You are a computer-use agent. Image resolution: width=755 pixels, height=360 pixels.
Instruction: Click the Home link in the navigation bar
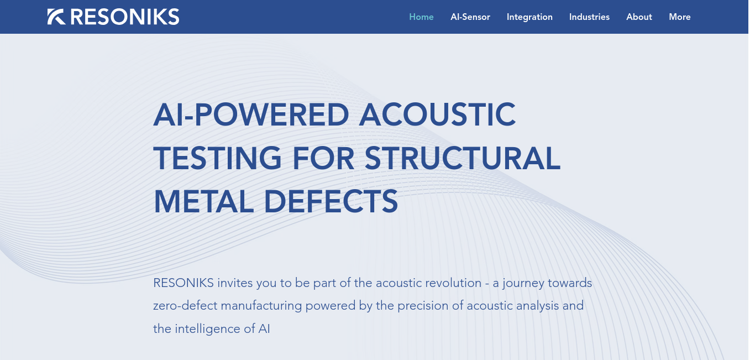point(421,17)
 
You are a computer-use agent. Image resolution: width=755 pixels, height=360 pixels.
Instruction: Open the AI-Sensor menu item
point(470,17)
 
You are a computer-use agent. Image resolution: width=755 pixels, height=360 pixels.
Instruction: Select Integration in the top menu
point(529,17)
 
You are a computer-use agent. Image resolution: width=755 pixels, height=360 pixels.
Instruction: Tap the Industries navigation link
point(589,17)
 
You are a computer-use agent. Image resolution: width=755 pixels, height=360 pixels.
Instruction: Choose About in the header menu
point(639,17)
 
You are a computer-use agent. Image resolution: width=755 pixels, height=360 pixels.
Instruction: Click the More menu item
point(679,17)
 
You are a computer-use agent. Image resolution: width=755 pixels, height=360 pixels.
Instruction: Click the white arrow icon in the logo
point(56,17)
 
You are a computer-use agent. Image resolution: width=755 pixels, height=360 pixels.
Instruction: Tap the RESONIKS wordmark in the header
point(125,17)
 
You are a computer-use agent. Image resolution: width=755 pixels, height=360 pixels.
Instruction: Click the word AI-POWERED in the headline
point(251,114)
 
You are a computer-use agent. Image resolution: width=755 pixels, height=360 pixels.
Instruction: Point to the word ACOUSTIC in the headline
point(437,114)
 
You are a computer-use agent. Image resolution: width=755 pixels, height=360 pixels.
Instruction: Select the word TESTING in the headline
point(217,158)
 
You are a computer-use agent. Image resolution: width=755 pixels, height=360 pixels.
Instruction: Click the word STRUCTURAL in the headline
point(463,158)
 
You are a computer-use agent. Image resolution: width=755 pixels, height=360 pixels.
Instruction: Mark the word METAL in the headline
point(203,202)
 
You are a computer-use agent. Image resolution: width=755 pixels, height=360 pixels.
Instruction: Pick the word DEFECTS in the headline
point(331,202)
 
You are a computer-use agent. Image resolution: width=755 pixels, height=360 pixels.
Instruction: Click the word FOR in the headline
point(323,158)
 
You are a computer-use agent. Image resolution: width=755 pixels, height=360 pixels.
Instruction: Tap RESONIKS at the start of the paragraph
point(183,283)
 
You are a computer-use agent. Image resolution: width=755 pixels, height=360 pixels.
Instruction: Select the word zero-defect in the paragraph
point(185,306)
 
